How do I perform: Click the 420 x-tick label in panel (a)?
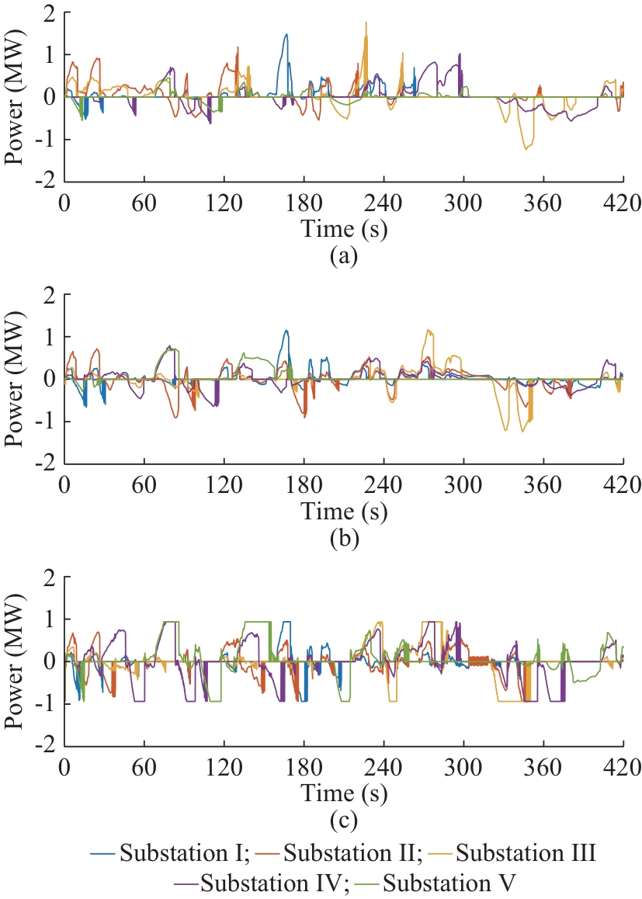(x=623, y=203)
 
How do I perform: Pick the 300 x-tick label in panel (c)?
(x=463, y=766)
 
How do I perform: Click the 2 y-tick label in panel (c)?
(x=50, y=578)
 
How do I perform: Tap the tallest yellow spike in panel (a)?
(x=366, y=23)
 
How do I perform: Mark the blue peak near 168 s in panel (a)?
(x=286, y=35)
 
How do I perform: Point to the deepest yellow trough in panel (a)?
(x=526, y=148)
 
